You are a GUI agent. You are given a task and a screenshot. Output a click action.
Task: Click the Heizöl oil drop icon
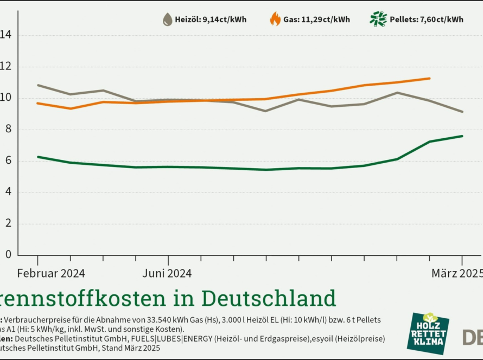coord(168,20)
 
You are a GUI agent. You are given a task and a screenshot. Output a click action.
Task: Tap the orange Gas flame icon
coord(275,20)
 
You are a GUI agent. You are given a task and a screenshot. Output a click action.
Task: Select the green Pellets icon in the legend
coord(378,19)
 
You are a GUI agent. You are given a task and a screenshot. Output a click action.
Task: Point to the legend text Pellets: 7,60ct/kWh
coord(427,20)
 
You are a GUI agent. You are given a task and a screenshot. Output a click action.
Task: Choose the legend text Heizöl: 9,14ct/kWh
coord(211,20)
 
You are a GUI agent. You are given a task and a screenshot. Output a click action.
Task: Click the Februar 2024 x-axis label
coord(51,273)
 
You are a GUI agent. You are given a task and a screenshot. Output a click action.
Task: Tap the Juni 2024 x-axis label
coord(167,273)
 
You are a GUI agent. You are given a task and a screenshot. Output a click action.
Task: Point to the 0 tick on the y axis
coord(8,254)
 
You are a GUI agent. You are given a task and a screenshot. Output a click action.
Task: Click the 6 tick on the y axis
coord(8,160)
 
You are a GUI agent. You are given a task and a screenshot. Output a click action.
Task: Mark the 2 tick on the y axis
coord(8,223)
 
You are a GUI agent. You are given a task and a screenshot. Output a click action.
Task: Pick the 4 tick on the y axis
coord(8,192)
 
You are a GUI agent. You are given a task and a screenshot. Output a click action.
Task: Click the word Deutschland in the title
coord(269,298)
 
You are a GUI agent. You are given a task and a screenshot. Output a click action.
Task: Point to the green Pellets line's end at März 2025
coord(462,136)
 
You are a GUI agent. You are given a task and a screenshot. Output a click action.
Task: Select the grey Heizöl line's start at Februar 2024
coord(37,85)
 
